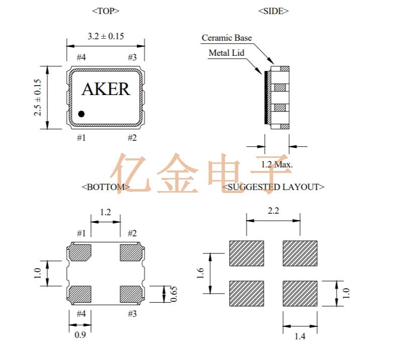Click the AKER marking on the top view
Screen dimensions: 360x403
click(106, 89)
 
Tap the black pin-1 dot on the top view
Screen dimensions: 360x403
click(81, 114)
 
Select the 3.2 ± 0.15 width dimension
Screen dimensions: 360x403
click(106, 36)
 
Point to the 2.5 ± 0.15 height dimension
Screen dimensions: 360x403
click(38, 98)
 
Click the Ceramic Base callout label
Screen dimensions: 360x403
click(227, 38)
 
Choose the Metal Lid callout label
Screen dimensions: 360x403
click(226, 53)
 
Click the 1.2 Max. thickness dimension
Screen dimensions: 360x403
click(277, 164)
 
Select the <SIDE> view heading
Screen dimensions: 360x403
click(273, 11)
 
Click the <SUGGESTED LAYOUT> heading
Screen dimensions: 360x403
click(273, 187)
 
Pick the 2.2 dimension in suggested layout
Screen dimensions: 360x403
click(273, 211)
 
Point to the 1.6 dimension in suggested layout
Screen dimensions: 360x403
click(200, 274)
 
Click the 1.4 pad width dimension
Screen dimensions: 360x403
click(299, 336)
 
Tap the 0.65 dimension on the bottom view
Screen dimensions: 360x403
click(173, 294)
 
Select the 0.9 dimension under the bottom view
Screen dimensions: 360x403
click(80, 334)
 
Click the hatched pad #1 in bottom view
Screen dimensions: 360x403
click(79, 252)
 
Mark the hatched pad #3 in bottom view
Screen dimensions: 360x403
click(131, 294)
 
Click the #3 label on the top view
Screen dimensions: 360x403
click(132, 58)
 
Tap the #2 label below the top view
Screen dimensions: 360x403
click(132, 137)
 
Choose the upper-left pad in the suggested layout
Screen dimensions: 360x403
click(247, 253)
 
